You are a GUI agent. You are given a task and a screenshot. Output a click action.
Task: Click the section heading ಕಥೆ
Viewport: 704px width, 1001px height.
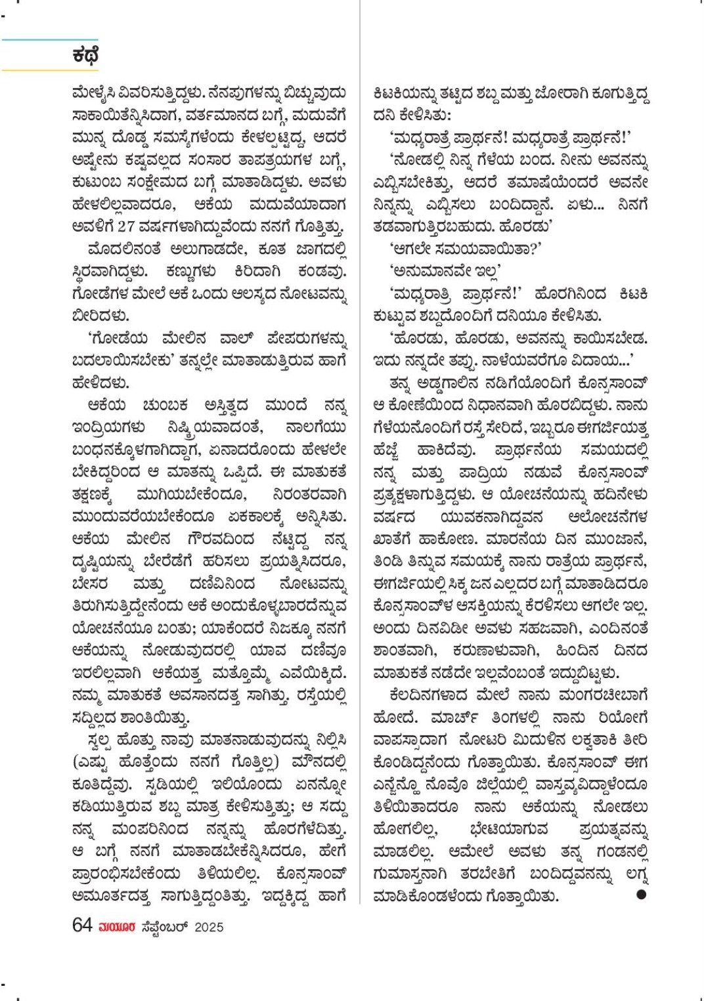click(x=85, y=56)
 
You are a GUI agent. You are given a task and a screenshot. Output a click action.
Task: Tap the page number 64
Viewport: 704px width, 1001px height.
click(x=82, y=926)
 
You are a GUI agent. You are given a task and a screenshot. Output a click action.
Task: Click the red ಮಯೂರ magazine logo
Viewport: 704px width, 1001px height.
click(x=117, y=927)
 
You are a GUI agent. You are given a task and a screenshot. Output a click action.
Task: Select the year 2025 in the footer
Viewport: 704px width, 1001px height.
click(x=209, y=927)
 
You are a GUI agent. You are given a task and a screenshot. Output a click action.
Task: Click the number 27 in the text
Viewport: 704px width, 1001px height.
click(x=126, y=226)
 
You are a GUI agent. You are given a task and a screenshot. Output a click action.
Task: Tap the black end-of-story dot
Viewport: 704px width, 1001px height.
click(x=641, y=894)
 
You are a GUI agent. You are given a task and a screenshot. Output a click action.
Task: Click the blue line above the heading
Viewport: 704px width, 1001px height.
click(x=50, y=40)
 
